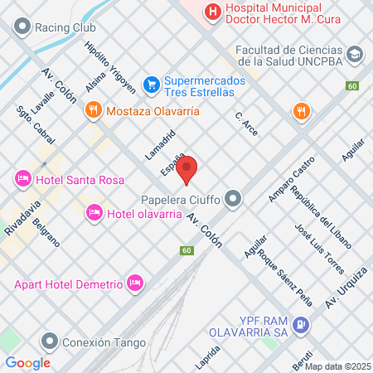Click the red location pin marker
coord(187,170)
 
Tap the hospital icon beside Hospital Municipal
coord(213,11)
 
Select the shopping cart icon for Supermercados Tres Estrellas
coord(150,84)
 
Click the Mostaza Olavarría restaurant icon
coord(93,109)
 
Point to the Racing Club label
coord(65,26)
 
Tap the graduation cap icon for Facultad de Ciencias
coord(356,54)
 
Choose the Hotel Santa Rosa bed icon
coord(22,179)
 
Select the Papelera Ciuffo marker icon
coord(235,198)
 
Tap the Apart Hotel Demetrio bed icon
coord(135,284)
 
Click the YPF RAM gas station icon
coord(303,325)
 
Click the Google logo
coord(27,362)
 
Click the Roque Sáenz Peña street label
coord(279,274)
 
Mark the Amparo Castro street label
coord(292,178)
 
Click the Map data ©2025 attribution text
coord(337,366)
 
